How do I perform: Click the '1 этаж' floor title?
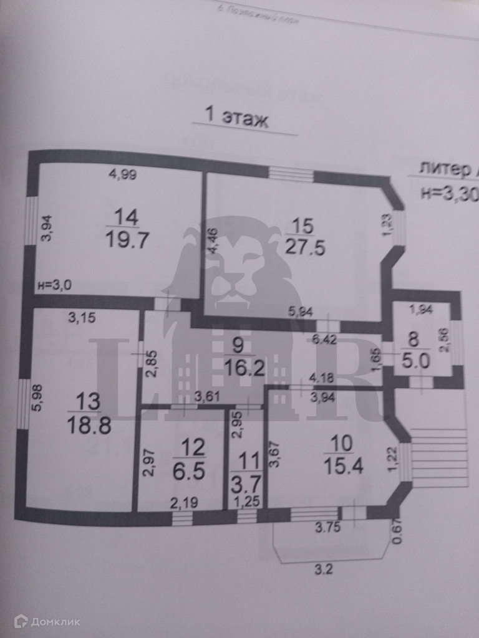[236, 117]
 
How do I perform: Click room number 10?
[341, 443]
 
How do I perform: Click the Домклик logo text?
[47, 621]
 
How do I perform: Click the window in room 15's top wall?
[291, 174]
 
